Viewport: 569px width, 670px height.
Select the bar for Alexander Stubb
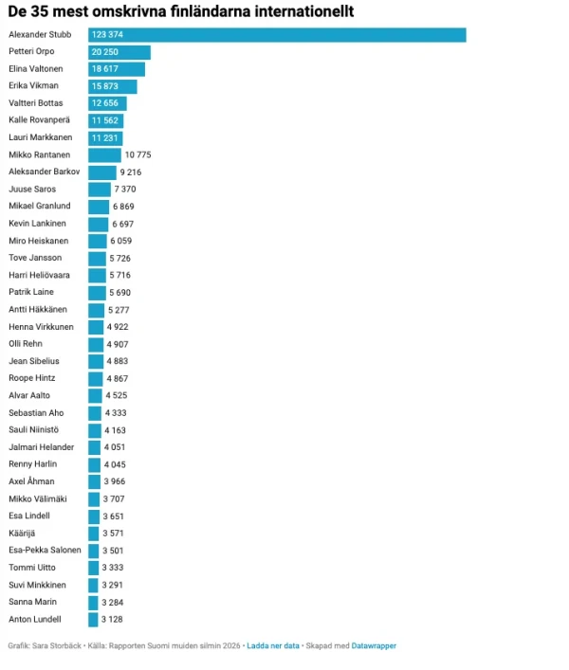(x=277, y=35)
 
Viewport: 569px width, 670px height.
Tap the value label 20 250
(x=107, y=52)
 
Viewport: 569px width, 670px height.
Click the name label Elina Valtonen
(x=37, y=69)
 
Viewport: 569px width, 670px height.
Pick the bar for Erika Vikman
(x=113, y=86)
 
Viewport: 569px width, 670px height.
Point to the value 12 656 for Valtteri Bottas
(x=108, y=103)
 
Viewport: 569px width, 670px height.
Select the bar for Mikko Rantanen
(x=105, y=154)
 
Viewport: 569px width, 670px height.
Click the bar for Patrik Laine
(x=98, y=293)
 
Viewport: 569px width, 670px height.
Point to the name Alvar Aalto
(x=29, y=395)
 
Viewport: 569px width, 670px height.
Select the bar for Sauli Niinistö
(x=95, y=430)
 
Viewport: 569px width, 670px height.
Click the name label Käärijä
(x=23, y=533)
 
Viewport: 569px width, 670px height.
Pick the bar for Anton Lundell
(x=94, y=619)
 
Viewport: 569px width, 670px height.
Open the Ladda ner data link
(x=273, y=645)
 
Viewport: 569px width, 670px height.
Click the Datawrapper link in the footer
(x=374, y=645)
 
